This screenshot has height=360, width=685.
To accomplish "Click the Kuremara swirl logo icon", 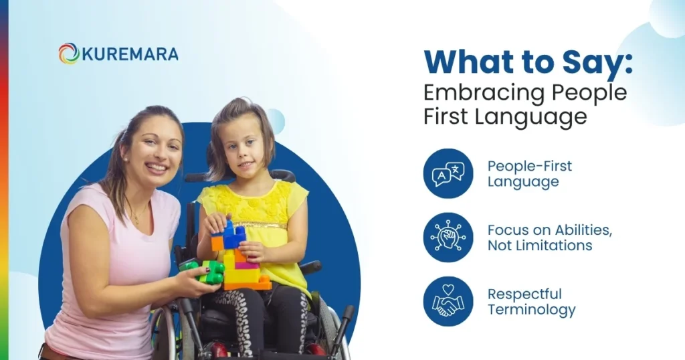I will click(x=68, y=54).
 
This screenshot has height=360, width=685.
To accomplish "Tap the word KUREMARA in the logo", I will click(x=130, y=54).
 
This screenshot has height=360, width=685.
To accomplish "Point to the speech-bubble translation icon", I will click(x=448, y=173).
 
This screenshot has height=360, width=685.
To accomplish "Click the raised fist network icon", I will click(x=448, y=238).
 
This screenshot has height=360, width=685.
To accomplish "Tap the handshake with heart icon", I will click(x=448, y=301).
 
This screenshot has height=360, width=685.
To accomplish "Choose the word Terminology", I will click(x=531, y=310).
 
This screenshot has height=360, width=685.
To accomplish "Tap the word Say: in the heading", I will click(x=596, y=63).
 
